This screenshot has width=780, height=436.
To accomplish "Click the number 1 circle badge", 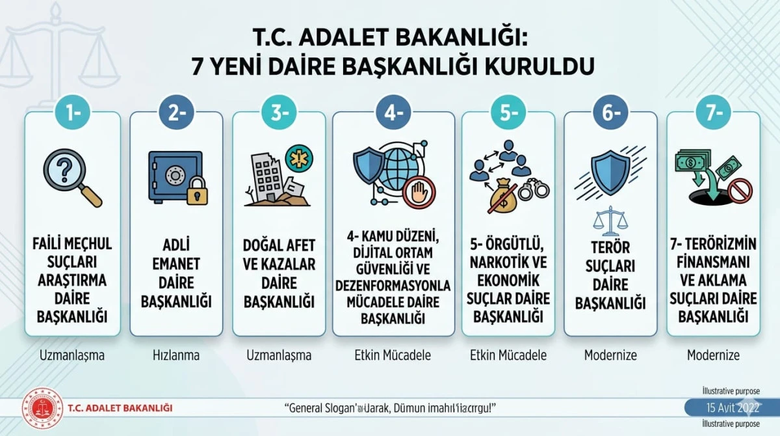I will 73,113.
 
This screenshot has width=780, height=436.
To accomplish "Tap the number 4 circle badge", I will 393,113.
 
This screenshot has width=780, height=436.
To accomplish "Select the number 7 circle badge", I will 713,113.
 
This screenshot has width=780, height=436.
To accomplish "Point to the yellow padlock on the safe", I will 196,191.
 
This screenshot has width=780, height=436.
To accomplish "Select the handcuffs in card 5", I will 534,189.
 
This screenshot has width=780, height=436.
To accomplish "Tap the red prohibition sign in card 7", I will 740,189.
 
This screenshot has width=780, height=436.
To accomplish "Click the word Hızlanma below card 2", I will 176,355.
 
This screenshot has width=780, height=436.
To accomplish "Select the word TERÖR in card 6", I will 610,249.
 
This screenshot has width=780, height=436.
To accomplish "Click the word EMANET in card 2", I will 176,264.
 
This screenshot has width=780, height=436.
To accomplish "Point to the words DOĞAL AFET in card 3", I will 279,245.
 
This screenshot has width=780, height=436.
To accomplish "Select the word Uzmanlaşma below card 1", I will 72,355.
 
